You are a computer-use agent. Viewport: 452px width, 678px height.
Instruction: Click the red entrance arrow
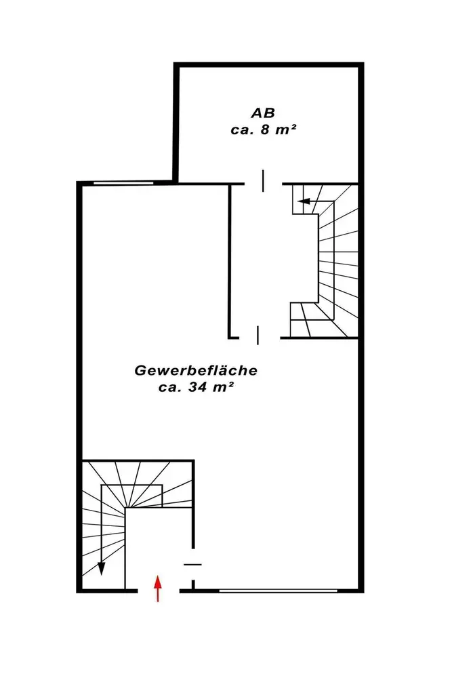coord(158,588)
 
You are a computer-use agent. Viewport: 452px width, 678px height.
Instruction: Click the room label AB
coord(263,113)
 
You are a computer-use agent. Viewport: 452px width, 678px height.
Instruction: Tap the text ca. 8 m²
coord(264,129)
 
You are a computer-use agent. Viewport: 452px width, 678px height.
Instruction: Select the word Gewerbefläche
coord(197,371)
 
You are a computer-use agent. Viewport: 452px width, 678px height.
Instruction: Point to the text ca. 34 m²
coord(197,387)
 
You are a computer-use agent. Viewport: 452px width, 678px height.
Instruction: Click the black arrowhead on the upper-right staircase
coord(304,201)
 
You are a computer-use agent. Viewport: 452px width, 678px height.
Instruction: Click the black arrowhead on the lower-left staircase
coord(102,568)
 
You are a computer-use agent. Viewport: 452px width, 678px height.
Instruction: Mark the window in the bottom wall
coord(279,591)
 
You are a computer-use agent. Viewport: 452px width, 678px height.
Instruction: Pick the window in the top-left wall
coord(123,183)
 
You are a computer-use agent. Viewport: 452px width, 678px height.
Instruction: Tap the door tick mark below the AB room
coord(263,181)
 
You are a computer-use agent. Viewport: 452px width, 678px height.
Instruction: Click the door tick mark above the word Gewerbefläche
coord(258,335)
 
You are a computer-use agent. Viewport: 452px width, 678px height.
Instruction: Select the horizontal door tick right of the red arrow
coord(192,564)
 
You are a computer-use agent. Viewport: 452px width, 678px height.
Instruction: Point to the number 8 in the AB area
coord(264,129)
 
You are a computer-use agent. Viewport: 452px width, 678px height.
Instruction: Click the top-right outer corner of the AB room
coord(364,62)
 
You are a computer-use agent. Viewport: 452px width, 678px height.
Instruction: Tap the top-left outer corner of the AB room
coord(174,62)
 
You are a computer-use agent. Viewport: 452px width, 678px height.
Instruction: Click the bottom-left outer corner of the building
coord(77,593)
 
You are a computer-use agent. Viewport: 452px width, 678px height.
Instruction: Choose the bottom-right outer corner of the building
coord(364,593)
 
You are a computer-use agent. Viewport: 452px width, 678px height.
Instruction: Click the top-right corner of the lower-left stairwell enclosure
coord(194,460)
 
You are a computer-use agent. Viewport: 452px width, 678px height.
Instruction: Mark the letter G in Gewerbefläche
coord(140,371)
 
